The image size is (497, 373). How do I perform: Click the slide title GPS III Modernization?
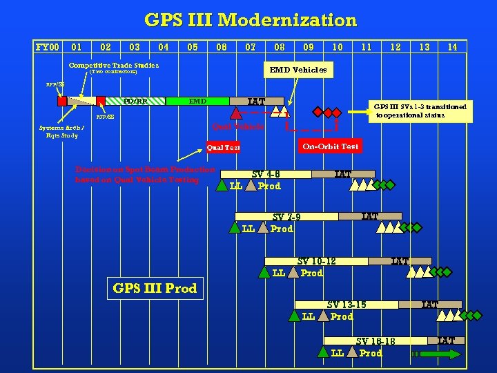click(250, 20)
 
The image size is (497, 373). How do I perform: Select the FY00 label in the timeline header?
click(48, 47)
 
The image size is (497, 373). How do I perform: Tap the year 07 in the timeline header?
click(251, 47)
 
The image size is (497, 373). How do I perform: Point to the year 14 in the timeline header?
click(452, 47)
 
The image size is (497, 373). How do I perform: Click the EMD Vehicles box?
click(298, 70)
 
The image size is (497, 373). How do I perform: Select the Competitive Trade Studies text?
click(114, 65)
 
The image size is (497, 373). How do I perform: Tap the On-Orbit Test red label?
click(330, 146)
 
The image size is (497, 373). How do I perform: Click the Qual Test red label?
click(224, 147)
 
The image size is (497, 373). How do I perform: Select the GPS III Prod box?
click(155, 288)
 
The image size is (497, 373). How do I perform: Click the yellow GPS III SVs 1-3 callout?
click(420, 111)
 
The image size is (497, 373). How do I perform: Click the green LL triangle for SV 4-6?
click(222, 185)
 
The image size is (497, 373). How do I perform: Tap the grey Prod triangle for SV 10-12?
click(293, 272)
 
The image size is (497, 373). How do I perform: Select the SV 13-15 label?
click(347, 305)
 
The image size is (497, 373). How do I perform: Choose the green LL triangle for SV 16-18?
click(323, 352)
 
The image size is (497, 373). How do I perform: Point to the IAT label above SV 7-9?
click(371, 217)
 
